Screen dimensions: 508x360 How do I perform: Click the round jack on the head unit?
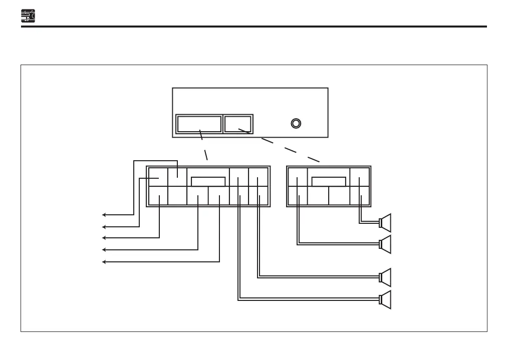(296, 123)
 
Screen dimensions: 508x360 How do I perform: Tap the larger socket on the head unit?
(199, 124)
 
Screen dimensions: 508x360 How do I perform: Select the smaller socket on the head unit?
(238, 124)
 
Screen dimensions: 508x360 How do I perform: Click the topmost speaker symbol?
(386, 222)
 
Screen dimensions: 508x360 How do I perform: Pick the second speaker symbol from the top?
(386, 244)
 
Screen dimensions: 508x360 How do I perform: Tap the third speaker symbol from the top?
(386, 277)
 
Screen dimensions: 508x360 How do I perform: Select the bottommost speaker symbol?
(386, 299)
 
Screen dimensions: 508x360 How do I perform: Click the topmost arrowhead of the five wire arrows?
(104, 215)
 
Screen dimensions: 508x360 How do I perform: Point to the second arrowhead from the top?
(104, 226)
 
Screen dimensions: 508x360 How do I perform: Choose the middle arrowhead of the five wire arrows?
(104, 238)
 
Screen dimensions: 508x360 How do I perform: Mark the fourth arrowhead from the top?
(104, 249)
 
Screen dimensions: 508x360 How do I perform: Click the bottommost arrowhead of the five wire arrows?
(104, 261)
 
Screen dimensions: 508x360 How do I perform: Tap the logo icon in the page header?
(28, 17)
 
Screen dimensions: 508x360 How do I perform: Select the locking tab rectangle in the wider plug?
(208, 181)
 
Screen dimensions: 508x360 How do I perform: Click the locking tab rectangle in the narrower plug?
(329, 181)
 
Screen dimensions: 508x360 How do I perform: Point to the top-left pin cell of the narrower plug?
(298, 177)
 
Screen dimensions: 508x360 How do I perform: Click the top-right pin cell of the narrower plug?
(360, 177)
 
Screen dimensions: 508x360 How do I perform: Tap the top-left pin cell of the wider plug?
(158, 177)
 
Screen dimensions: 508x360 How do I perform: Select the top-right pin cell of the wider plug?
(259, 177)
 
